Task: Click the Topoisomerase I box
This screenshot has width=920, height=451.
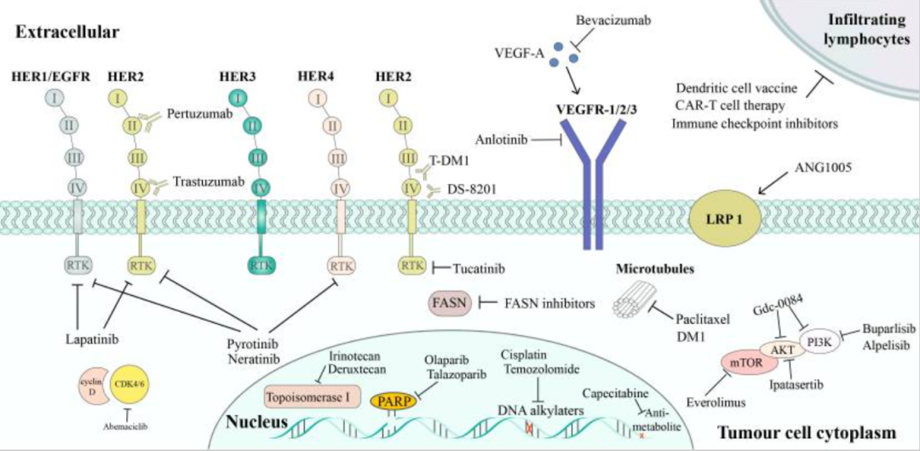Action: [313, 396]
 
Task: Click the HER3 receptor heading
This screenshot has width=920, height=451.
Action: [239, 76]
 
